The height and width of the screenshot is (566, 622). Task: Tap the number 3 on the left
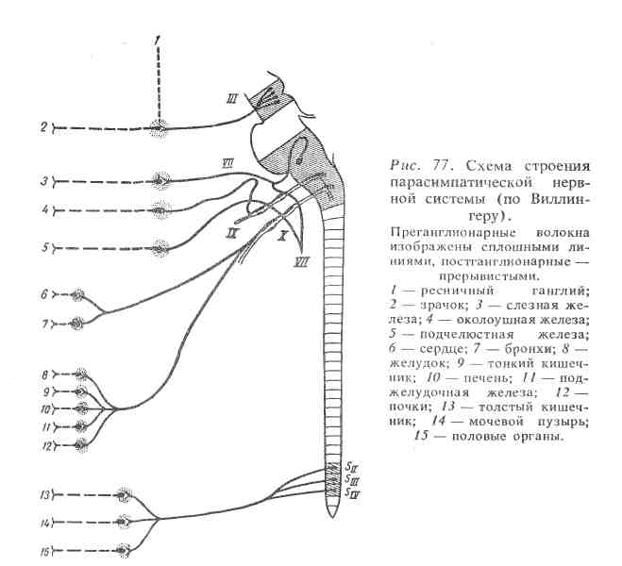(x=44, y=179)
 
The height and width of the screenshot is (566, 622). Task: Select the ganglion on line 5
(x=160, y=248)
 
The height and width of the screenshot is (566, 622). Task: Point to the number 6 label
(x=44, y=295)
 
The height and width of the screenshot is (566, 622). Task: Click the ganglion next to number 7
(x=78, y=323)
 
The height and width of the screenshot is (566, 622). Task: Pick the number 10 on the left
(x=43, y=409)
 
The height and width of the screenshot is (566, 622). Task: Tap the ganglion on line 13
(x=124, y=493)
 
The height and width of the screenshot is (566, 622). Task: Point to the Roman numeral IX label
(x=257, y=228)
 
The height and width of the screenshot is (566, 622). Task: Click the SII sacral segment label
(x=350, y=469)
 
